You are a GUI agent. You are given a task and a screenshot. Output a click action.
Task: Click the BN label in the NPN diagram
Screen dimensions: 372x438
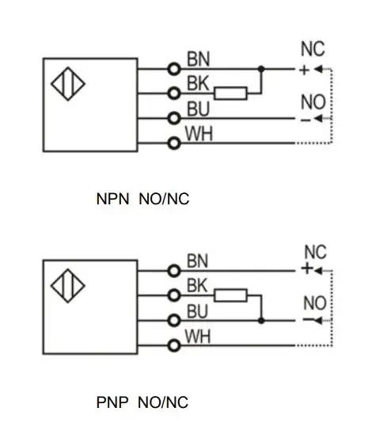[x=198, y=59]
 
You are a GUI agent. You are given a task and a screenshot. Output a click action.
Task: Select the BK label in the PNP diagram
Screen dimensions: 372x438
[x=197, y=285]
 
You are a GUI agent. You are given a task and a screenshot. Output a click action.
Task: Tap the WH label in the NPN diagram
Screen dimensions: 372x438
[x=199, y=134]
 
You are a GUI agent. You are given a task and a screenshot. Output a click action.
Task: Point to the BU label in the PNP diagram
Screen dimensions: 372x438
[x=197, y=311]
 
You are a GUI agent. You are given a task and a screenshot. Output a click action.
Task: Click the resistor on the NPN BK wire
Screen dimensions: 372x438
[x=230, y=93]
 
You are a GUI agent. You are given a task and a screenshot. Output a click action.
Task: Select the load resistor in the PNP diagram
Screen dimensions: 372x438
[x=230, y=295]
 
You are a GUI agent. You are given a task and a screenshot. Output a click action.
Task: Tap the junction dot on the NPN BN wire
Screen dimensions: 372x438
[x=261, y=69]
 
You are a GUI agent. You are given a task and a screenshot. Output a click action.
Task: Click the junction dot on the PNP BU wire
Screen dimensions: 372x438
[x=261, y=321]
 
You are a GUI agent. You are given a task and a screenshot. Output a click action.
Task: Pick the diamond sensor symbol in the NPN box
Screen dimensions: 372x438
[x=68, y=84]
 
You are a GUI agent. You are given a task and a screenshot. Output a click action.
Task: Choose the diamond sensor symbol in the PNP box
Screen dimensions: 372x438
[x=68, y=286]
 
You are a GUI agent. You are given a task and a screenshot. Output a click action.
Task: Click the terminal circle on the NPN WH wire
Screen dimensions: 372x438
[x=174, y=143]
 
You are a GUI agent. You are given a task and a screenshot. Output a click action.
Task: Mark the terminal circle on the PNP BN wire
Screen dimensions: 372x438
[x=174, y=271]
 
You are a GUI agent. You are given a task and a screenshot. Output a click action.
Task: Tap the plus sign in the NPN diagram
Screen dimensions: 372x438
[x=304, y=70]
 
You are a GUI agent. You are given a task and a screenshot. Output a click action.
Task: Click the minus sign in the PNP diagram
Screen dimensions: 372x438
[x=308, y=319]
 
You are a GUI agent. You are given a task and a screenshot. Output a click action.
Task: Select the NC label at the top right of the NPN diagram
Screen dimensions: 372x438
[x=313, y=49]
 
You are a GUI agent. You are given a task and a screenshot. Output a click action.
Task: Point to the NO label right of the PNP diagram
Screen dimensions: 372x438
[x=315, y=303]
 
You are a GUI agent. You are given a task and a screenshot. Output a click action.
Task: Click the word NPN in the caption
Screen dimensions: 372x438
[x=112, y=199]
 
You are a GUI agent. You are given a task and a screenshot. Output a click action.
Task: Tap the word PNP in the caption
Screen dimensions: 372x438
[x=112, y=402]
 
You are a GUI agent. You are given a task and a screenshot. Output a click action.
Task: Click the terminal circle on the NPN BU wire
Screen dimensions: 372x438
[x=174, y=118]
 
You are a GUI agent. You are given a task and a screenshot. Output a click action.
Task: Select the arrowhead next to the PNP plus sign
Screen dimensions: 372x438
[x=318, y=270]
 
